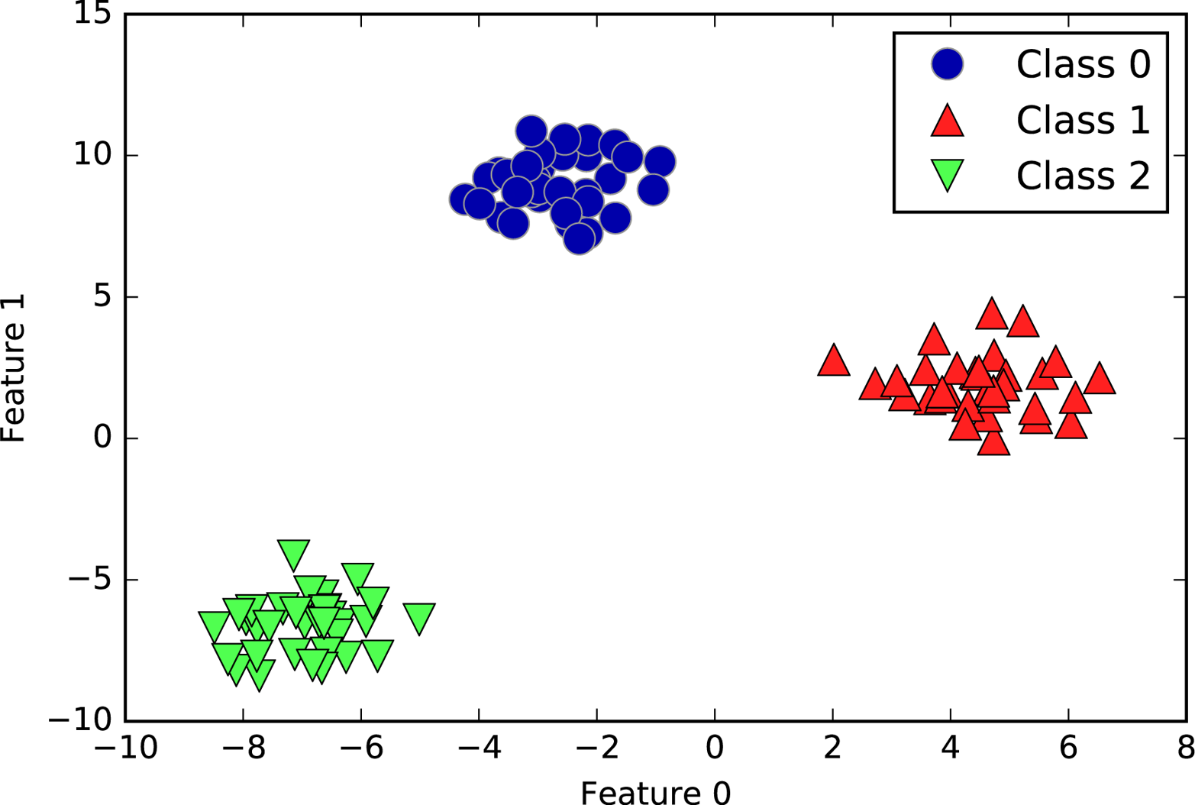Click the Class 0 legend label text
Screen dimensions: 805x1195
(x=1082, y=64)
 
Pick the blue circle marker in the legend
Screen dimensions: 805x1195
(x=947, y=64)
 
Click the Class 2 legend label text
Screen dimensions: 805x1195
(x=1082, y=176)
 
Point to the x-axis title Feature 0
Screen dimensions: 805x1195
(x=655, y=793)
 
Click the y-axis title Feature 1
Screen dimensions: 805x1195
(x=14, y=367)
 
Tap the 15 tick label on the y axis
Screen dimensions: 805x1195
(x=92, y=14)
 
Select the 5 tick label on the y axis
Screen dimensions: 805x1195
(x=103, y=296)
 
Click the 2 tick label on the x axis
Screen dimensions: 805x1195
(x=832, y=748)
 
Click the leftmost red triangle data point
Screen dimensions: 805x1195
(x=833, y=361)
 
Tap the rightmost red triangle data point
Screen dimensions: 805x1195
(x=1099, y=380)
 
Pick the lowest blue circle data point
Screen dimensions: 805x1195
(x=580, y=238)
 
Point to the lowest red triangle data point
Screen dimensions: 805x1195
(x=993, y=442)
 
